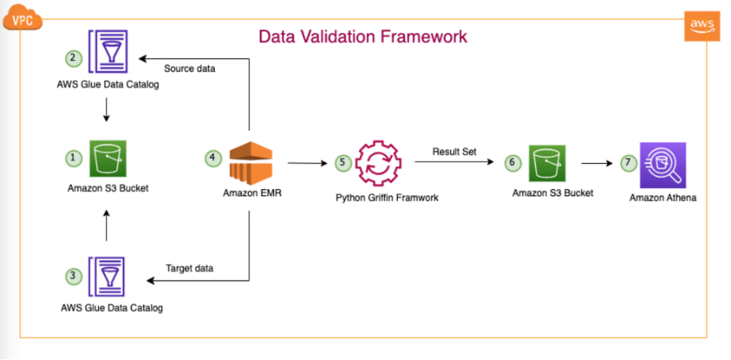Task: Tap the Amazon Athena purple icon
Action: point(663,164)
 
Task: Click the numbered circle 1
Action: point(73,158)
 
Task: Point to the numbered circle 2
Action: point(73,58)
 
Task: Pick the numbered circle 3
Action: point(73,276)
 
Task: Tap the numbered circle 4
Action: point(212,157)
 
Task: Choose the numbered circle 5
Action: point(343,163)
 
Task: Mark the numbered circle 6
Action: point(513,163)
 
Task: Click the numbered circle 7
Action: point(628,163)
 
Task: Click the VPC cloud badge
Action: point(23,19)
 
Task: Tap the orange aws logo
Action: point(702,27)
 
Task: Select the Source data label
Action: point(190,69)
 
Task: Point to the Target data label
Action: point(190,268)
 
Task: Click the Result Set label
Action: point(455,152)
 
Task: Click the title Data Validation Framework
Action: point(363,36)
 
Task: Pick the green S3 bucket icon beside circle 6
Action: point(547,163)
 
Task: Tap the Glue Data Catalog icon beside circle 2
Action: point(108,51)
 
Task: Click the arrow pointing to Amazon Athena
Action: point(596,163)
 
